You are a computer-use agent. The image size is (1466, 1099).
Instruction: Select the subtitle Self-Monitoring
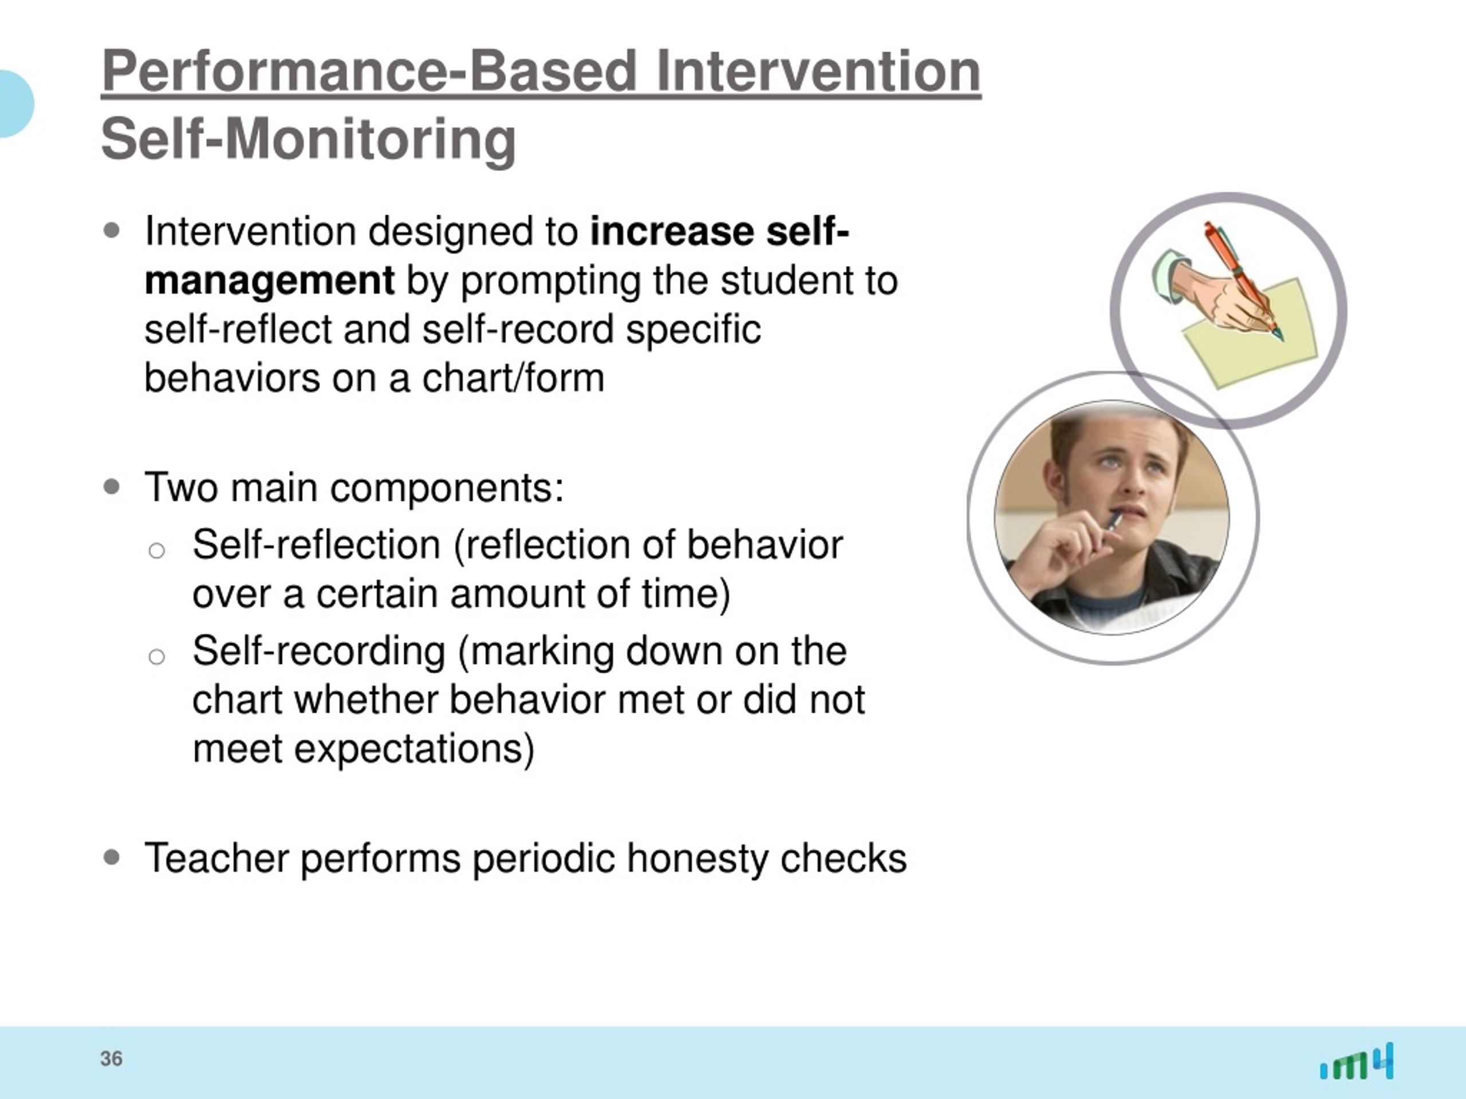[x=308, y=139]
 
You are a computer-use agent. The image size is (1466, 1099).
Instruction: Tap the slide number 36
[x=111, y=1058]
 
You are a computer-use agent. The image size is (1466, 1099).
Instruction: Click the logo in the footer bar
[x=1357, y=1061]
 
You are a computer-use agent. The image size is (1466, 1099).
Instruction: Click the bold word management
[x=269, y=281]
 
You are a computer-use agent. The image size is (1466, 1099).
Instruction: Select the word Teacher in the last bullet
[x=216, y=858]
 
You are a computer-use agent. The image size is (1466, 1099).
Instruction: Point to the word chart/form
[x=513, y=378]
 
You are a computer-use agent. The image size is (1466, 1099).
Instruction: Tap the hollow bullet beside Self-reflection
[x=156, y=551]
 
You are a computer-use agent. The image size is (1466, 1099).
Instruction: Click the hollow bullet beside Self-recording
[x=156, y=657]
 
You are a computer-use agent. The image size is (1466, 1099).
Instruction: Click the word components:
[x=447, y=489]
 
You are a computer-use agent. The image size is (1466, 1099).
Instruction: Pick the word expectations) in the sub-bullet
[x=414, y=750]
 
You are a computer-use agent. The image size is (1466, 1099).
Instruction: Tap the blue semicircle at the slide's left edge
[x=14, y=104]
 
